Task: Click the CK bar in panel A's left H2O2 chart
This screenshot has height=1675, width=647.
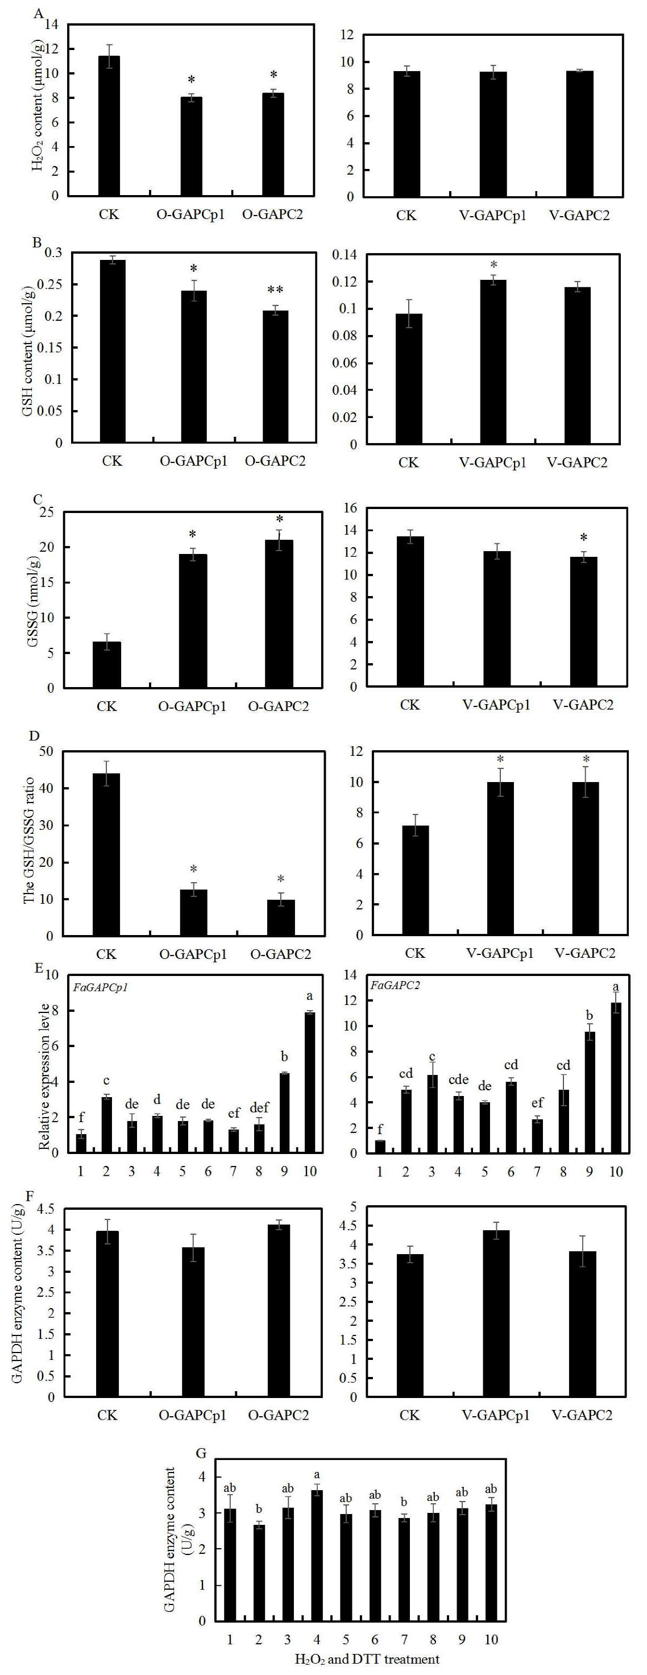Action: click(x=109, y=126)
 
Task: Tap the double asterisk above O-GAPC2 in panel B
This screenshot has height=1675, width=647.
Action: click(x=275, y=290)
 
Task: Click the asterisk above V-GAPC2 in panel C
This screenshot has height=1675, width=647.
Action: click(x=583, y=537)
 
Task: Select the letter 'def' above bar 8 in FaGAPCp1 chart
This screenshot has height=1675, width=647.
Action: click(x=259, y=1107)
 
